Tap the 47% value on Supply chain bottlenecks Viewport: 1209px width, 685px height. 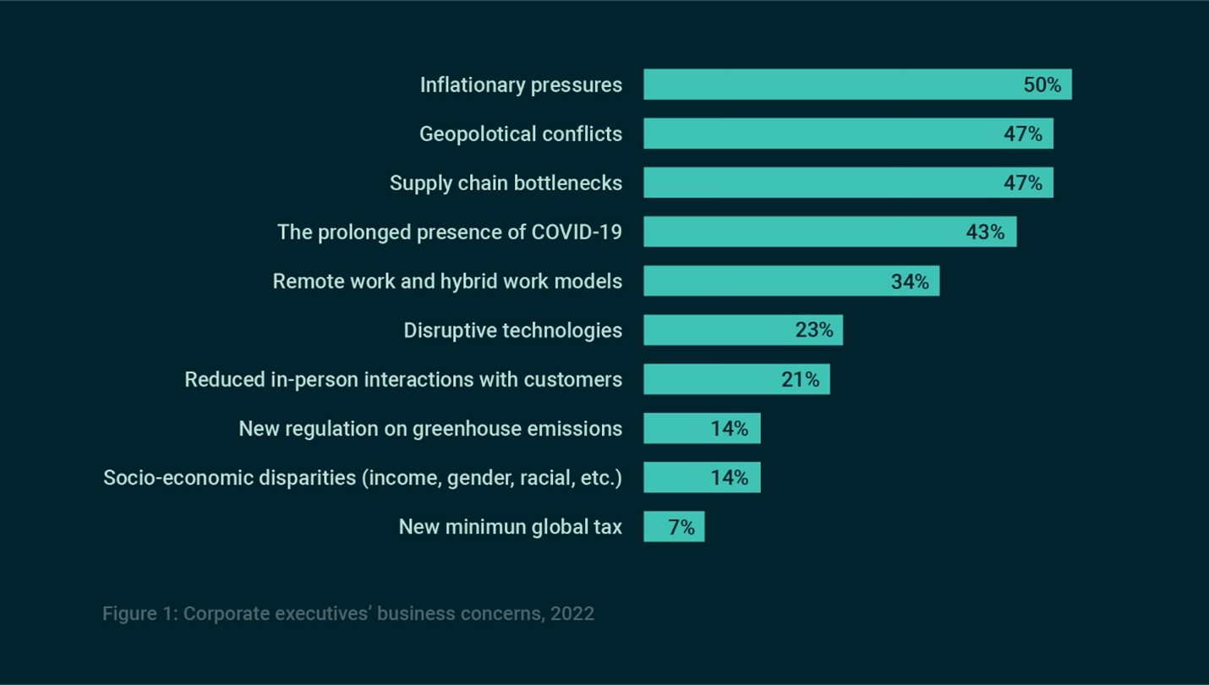click(1023, 183)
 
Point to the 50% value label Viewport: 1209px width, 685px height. click(1042, 85)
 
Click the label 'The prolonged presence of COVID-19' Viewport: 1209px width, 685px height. click(449, 232)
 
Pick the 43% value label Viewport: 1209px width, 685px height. click(985, 232)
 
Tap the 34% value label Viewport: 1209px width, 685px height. click(910, 282)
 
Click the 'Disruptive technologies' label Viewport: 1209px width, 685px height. click(512, 330)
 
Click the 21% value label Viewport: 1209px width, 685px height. click(800, 380)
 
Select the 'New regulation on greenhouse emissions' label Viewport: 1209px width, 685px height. click(429, 429)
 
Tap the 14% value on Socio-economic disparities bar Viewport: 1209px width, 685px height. click(729, 478)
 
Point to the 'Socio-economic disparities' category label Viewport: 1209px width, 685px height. click(362, 478)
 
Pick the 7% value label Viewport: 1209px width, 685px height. click(681, 528)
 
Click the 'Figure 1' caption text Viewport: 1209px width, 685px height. click(347, 613)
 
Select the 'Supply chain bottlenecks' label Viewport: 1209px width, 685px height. click(506, 183)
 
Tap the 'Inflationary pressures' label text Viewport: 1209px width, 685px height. click(521, 85)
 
